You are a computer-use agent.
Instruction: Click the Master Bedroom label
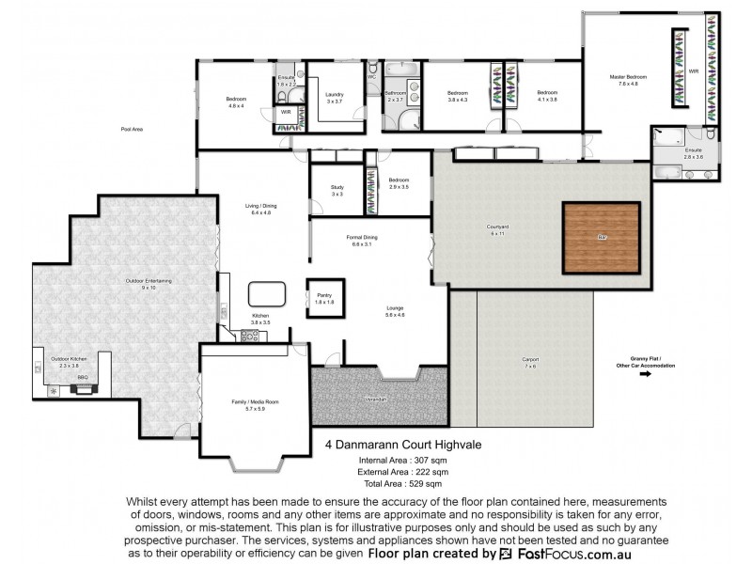[628, 80]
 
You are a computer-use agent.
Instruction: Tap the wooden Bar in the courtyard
[601, 238]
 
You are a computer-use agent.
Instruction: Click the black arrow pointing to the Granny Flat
[645, 373]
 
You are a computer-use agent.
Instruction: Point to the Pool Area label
[132, 129]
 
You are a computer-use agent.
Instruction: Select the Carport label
[530, 360]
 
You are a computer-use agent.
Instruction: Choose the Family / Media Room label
[256, 404]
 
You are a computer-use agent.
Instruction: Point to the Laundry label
[335, 97]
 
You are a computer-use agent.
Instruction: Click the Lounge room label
[395, 310]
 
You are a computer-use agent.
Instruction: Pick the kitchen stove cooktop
[250, 336]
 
